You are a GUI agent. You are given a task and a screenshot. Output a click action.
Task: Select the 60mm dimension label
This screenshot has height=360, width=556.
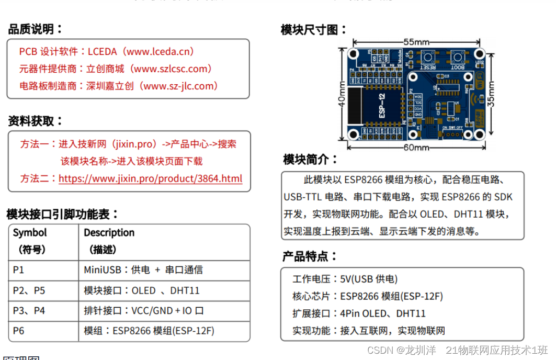[x=416, y=148]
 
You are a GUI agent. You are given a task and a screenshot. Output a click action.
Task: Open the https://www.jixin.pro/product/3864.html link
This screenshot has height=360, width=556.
[x=150, y=178]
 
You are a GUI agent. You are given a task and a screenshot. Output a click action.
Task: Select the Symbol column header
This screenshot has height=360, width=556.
[x=30, y=233]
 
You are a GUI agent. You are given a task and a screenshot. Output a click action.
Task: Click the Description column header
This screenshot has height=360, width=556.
[x=109, y=233]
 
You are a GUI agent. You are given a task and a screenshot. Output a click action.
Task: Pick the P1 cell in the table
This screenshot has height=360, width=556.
[x=19, y=270]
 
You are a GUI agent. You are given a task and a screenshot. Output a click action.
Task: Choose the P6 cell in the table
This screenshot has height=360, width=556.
[x=19, y=331]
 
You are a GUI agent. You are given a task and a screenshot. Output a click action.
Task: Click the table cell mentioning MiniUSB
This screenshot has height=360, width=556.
[x=143, y=270]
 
